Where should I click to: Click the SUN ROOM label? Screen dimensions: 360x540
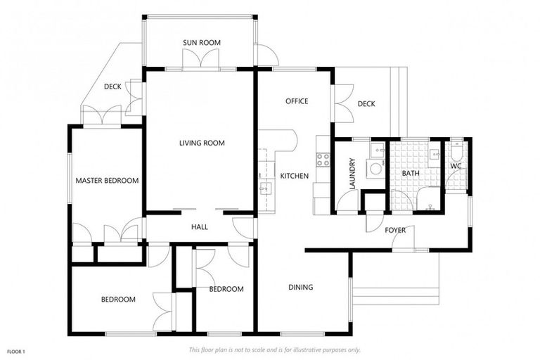tap(202, 43)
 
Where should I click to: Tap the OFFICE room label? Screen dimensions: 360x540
tap(297, 101)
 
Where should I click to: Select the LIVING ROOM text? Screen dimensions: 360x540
tap(202, 143)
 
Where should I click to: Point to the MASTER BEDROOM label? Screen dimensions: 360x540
tap(107, 181)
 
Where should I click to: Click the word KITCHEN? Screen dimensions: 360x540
tap(294, 176)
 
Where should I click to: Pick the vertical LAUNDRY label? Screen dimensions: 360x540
tap(352, 173)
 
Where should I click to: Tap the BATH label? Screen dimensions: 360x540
tap(411, 173)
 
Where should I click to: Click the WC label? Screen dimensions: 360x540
tap(456, 167)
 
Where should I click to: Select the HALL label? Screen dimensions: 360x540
tap(200, 226)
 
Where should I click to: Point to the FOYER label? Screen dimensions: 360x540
tap(394, 230)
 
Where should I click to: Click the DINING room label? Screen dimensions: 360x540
tap(300, 288)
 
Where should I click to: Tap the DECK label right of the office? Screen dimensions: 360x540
tap(366, 104)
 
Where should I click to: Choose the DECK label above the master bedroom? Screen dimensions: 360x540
tap(112, 87)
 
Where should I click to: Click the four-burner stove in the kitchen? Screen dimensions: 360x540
tap(323, 160)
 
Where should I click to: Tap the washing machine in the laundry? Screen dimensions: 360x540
tap(376, 169)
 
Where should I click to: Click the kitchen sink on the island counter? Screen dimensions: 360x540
tap(265, 188)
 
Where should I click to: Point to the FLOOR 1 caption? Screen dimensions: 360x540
tap(16, 351)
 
